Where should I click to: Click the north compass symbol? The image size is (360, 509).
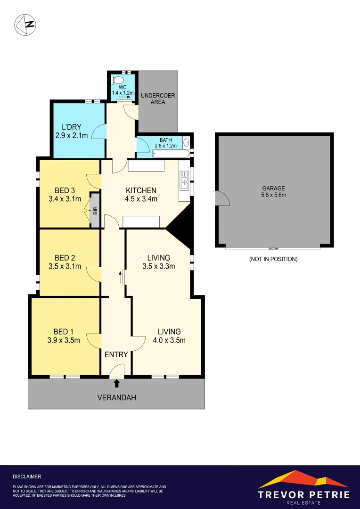[26, 24]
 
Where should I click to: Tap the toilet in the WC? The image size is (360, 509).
[116, 79]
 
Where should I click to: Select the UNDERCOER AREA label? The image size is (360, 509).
[158, 99]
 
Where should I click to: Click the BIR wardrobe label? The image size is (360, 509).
[95, 210]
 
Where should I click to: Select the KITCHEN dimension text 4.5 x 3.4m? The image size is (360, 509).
[141, 199]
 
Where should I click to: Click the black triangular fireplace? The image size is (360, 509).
[181, 230]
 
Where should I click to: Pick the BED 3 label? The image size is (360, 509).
[65, 190]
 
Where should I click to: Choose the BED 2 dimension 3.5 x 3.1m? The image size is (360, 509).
[65, 266]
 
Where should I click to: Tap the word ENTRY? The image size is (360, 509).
[116, 354]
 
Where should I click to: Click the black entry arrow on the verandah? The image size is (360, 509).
[117, 384]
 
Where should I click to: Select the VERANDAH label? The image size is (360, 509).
[116, 398]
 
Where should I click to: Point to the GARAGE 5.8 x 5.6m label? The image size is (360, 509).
[274, 191]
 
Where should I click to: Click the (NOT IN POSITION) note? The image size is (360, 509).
[273, 259]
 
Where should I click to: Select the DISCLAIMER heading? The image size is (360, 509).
[27, 477]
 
